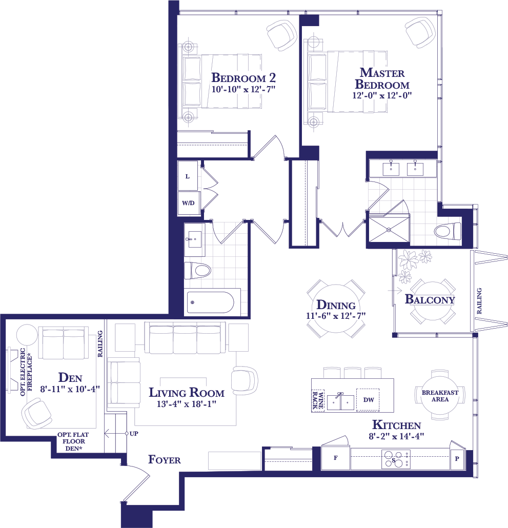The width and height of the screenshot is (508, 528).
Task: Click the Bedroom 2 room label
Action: (x=243, y=78)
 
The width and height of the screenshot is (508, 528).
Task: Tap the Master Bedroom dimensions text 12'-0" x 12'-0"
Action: (x=382, y=95)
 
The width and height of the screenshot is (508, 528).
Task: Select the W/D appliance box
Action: (x=189, y=203)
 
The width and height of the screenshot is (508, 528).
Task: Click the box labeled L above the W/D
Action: (x=188, y=176)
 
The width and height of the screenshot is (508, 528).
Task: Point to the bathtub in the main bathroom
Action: (x=210, y=302)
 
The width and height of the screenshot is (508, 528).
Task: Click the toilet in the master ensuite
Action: (x=448, y=231)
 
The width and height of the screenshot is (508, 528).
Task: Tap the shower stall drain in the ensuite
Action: (x=389, y=230)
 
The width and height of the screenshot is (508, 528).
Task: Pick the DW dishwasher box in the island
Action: (x=368, y=400)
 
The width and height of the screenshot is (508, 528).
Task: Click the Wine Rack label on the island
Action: (x=317, y=400)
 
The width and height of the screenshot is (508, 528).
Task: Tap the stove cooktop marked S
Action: (x=396, y=459)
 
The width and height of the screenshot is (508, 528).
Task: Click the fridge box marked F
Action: (x=336, y=458)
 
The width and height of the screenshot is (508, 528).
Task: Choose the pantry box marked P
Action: (x=457, y=459)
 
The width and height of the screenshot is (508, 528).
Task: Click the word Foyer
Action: (x=164, y=460)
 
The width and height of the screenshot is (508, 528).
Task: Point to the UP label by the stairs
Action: (x=134, y=434)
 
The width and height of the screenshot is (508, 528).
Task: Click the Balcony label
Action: (x=430, y=299)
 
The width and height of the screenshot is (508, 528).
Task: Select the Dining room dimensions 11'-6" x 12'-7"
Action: (x=336, y=316)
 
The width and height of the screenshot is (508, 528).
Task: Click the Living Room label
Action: (x=187, y=393)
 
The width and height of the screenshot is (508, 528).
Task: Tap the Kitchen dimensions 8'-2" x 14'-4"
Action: (x=396, y=436)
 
